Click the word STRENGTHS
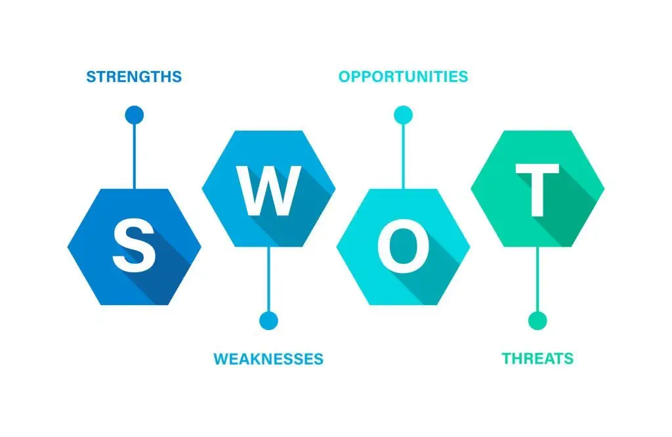click(134, 77)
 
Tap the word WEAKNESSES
click(268, 359)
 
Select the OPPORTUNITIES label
click(403, 76)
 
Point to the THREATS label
click(537, 358)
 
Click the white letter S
click(134, 245)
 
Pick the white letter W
click(268, 191)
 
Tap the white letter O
click(403, 245)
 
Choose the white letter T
click(537, 190)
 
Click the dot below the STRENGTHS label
click(134, 115)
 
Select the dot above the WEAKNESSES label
click(268, 320)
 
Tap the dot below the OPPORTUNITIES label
click(403, 115)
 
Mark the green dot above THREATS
click(537, 320)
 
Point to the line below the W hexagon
click(268, 280)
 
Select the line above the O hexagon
click(403, 156)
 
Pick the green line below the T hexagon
click(537, 280)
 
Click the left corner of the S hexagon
click(68, 247)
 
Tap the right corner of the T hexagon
click(604, 188)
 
